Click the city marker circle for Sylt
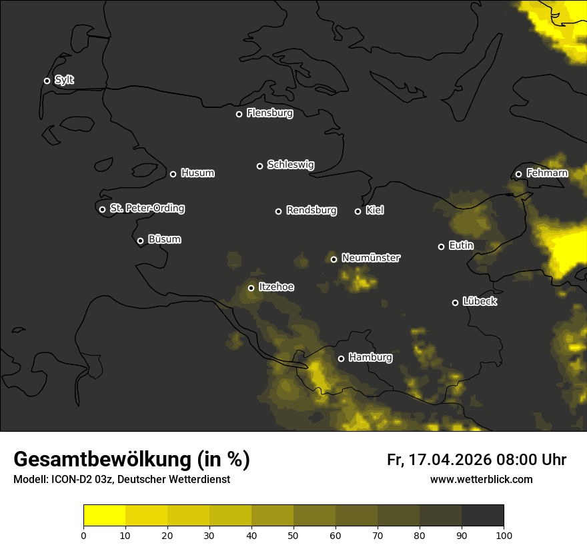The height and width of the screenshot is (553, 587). click(x=47, y=81)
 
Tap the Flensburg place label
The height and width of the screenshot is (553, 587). click(x=269, y=113)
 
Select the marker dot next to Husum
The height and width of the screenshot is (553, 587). click(x=173, y=174)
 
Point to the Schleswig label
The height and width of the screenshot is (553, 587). click(x=290, y=165)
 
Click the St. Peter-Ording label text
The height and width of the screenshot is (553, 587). click(x=147, y=209)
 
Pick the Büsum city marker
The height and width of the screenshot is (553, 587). click(x=140, y=241)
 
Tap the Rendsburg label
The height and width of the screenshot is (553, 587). click(x=311, y=211)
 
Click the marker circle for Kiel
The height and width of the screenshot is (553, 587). click(x=358, y=211)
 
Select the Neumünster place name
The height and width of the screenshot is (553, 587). click(x=370, y=258)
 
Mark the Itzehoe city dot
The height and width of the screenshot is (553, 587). click(x=251, y=288)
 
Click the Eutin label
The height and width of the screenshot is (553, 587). click(x=461, y=246)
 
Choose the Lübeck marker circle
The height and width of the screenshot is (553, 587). click(x=455, y=302)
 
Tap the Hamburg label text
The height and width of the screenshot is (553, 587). click(x=370, y=358)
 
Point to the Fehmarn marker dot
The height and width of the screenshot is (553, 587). click(x=518, y=174)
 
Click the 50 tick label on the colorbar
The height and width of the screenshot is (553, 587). click(x=293, y=534)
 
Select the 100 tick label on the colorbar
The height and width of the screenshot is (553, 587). click(x=504, y=534)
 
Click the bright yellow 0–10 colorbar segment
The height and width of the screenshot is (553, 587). click(x=104, y=515)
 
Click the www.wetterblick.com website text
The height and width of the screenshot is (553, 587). click(x=481, y=480)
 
